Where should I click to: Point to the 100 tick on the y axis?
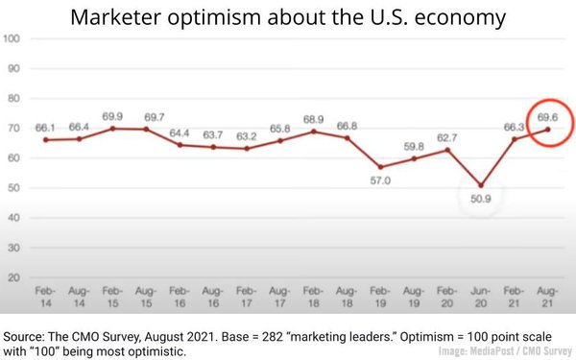(13, 39)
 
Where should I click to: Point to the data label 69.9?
(113, 114)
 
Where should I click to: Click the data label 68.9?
(314, 116)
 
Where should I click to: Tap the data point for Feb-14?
(46, 140)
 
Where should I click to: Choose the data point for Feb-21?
(515, 139)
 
